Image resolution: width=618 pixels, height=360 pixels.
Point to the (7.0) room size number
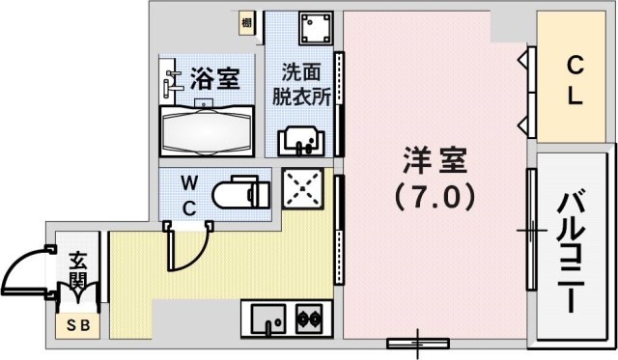(434, 197)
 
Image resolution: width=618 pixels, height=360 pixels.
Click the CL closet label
(575, 82)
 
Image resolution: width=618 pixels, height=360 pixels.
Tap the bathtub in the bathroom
(205, 129)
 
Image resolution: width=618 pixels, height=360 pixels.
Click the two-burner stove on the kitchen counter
(310, 316)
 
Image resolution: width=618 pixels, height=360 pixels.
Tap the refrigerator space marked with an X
(302, 188)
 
